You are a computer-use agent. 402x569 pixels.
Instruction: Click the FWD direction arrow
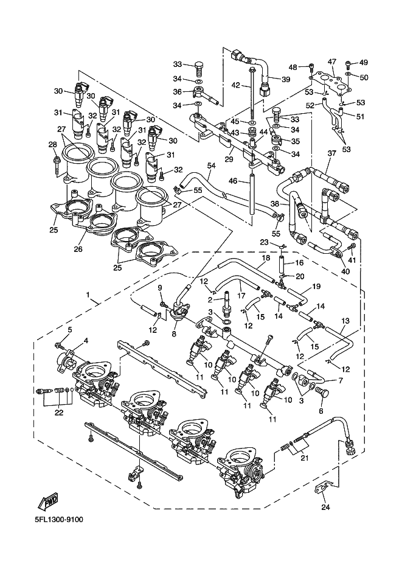click(48, 501)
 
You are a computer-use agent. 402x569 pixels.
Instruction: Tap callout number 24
click(325, 507)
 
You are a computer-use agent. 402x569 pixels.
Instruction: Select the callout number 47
click(333, 61)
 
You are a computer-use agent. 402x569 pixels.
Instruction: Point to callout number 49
click(363, 63)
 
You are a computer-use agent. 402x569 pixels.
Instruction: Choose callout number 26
click(78, 249)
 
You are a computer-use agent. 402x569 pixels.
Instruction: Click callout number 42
click(235, 86)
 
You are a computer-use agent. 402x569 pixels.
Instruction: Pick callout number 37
click(331, 153)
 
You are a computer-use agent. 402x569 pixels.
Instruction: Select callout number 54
click(211, 166)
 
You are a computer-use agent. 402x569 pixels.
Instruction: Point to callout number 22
click(59, 412)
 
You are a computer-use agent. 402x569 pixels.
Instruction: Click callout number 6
click(321, 411)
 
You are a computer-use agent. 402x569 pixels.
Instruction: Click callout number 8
click(174, 333)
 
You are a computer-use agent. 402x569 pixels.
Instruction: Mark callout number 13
click(345, 321)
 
